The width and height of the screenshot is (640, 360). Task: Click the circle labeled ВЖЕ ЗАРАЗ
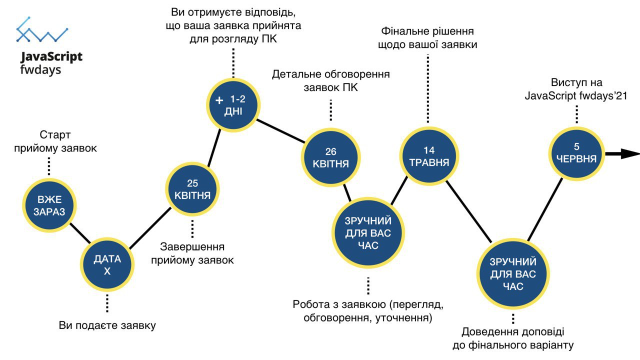pyautogui.click(x=49, y=205)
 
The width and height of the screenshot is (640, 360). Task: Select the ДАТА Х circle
pyautogui.click(x=107, y=265)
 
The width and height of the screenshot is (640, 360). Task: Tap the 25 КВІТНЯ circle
pyautogui.click(x=192, y=189)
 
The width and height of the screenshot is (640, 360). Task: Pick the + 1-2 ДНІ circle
pyautogui.click(x=233, y=105)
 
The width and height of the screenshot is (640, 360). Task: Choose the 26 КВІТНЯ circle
pyautogui.click(x=330, y=157)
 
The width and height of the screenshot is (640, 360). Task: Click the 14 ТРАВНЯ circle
pyautogui.click(x=429, y=156)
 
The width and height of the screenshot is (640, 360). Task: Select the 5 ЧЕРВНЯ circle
pyautogui.click(x=576, y=153)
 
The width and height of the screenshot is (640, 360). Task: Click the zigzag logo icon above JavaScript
pyautogui.click(x=42, y=29)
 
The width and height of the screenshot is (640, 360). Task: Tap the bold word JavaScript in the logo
pyautogui.click(x=51, y=56)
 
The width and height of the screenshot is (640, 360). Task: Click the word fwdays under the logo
pyautogui.click(x=40, y=70)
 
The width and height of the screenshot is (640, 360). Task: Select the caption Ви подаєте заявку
pyautogui.click(x=107, y=325)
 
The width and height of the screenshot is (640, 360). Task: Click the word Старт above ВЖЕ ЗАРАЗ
pyautogui.click(x=55, y=135)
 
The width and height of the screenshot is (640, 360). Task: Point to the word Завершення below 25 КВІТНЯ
pyautogui.click(x=192, y=246)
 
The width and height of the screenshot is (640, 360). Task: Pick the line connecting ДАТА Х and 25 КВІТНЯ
pyautogui.click(x=150, y=228)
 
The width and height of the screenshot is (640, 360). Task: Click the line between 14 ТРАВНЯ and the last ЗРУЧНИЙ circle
pyautogui.click(x=469, y=211)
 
